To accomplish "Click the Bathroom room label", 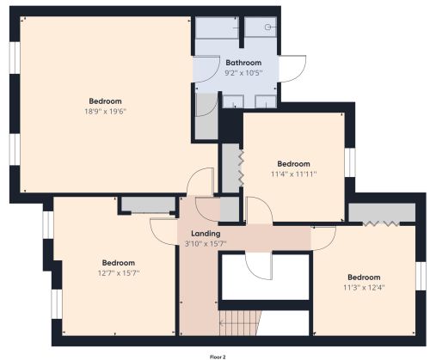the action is (x=243, y=63).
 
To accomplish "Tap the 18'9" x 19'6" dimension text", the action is (x=105, y=112).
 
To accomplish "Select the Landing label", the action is (x=206, y=234).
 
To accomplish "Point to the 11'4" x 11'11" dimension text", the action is (x=294, y=174).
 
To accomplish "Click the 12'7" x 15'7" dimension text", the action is (x=119, y=273).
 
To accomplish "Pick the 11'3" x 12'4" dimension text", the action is (x=364, y=287).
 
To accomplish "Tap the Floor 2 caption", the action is (x=218, y=357).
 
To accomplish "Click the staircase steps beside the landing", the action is (x=240, y=323).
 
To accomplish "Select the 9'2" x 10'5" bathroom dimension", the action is (x=243, y=73).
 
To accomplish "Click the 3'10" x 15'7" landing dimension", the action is (x=206, y=244).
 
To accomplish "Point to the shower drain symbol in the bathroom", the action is (x=267, y=27).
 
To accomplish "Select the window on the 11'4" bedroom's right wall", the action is (x=350, y=162).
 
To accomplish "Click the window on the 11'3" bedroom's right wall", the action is (x=421, y=276).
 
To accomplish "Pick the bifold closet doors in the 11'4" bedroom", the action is (x=241, y=168).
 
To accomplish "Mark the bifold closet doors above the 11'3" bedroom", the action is (x=381, y=223).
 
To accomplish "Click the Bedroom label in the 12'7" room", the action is (x=119, y=263).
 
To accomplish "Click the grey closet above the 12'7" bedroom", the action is (x=148, y=204).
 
